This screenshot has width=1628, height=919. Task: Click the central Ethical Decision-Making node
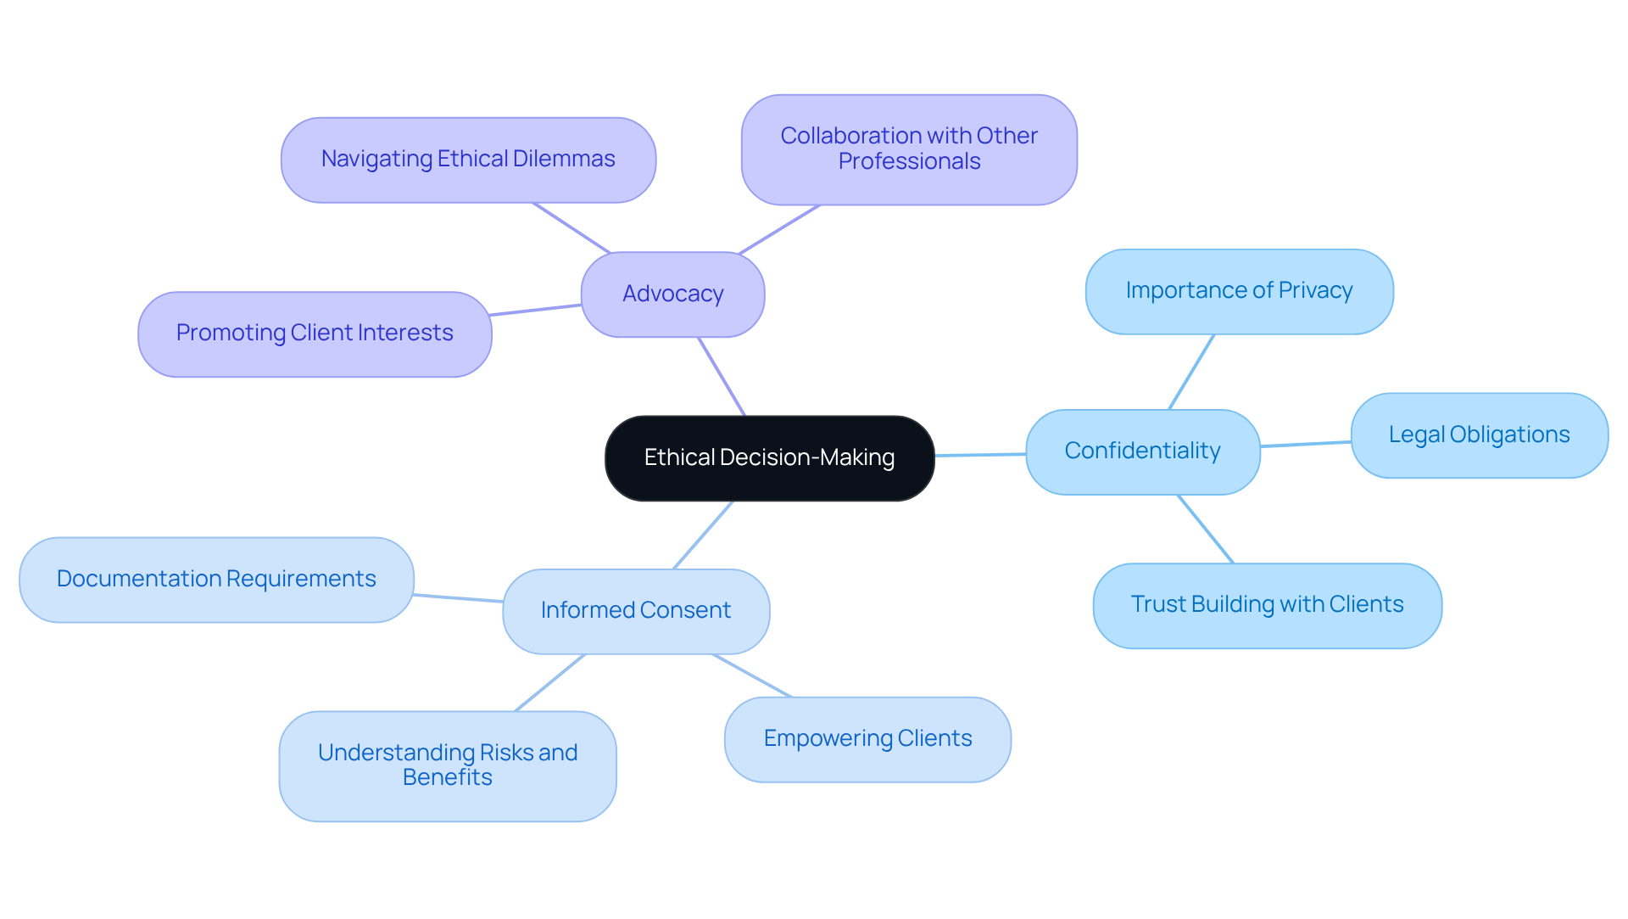[769, 458]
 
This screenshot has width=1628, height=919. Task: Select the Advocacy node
[672, 294]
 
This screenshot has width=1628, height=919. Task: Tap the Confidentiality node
[1142, 451]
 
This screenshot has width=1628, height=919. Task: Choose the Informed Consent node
[635, 611]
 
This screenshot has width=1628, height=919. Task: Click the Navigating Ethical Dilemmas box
[468, 160]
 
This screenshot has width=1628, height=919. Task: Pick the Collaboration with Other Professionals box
[909, 149]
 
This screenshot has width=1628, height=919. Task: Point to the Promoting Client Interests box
[315, 333]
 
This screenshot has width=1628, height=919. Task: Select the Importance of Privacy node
[1239, 291]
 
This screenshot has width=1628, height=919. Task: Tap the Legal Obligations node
[1479, 435]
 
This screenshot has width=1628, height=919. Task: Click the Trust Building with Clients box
[1267, 605]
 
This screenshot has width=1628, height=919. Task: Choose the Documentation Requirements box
[216, 580]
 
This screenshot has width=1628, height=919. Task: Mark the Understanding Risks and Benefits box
[448, 765]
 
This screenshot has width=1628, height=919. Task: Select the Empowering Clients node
[867, 739]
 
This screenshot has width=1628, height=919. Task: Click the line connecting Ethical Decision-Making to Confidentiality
[980, 455]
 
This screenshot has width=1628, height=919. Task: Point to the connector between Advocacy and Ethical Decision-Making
[722, 377]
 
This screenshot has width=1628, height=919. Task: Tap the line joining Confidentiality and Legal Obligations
[1306, 444]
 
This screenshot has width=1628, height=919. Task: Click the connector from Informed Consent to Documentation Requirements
[458, 598]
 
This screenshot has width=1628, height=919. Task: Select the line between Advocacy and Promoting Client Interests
[536, 310]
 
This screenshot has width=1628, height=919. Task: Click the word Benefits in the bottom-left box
[447, 778]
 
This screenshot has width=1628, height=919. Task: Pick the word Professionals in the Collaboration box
[909, 162]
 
